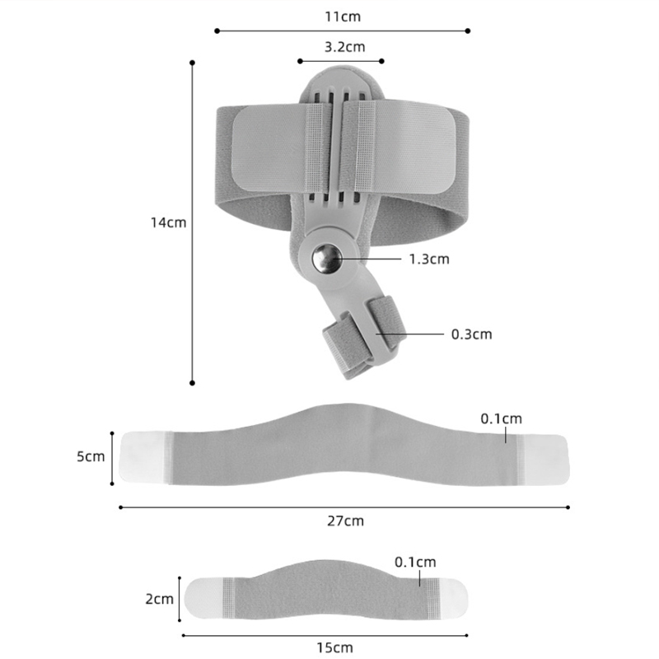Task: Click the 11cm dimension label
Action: tap(343, 16)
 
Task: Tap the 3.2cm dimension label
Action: tap(344, 47)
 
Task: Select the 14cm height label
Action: tap(169, 222)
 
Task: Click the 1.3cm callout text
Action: tap(429, 259)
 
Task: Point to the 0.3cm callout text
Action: tap(471, 334)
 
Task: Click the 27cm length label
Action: tap(345, 521)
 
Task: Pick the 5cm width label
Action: tap(91, 456)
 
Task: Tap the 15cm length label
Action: tap(334, 647)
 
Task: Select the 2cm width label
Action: tap(160, 599)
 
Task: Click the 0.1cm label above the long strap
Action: tap(502, 418)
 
